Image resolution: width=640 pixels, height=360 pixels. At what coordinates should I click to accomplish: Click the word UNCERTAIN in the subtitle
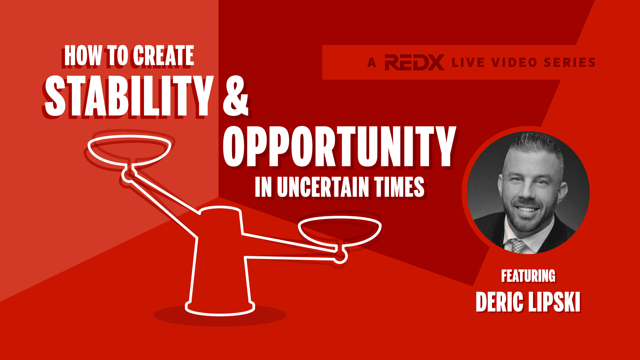(x=323, y=187)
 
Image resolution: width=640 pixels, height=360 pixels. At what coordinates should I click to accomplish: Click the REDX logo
(x=414, y=62)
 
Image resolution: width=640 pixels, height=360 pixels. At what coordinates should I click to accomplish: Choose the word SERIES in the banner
(x=570, y=62)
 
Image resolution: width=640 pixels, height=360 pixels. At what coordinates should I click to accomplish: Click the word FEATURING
(x=528, y=276)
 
